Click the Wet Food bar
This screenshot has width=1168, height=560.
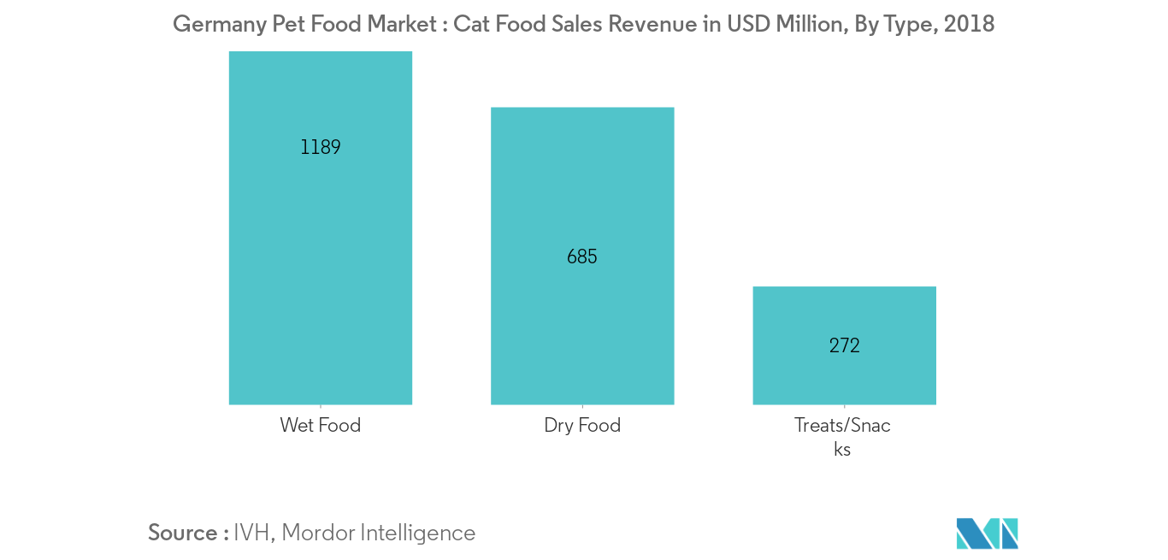click(x=320, y=256)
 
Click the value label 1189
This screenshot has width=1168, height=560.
click(x=321, y=147)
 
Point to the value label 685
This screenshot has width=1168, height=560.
click(x=581, y=256)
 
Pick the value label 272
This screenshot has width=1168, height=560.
click(x=844, y=345)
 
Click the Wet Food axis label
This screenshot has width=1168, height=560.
click(x=320, y=425)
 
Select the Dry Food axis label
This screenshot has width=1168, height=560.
click(x=581, y=425)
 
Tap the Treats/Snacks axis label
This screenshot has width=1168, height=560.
click(x=842, y=436)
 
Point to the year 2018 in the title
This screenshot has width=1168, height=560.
click(x=970, y=24)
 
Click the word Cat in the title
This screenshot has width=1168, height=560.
click(x=469, y=24)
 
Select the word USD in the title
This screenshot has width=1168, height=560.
click(x=749, y=24)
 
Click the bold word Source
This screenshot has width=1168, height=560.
click(x=182, y=533)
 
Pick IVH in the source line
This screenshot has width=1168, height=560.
click(x=253, y=533)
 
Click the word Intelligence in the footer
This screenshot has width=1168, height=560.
click(x=417, y=533)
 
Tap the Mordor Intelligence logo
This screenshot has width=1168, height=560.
click(x=987, y=533)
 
